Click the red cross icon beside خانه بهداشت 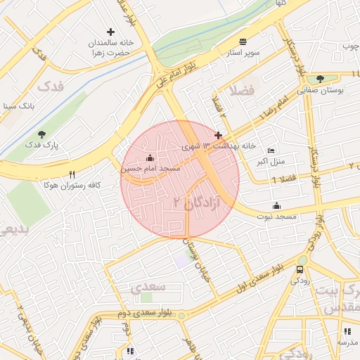tap(219, 135)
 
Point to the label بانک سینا tap(18, 107)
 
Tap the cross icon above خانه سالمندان tap(110, 31)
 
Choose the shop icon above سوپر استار tap(243, 41)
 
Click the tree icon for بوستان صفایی tap(321, 79)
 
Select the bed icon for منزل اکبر tap(271, 151)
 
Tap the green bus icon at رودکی tap(302, 270)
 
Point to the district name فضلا tap(241, 89)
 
